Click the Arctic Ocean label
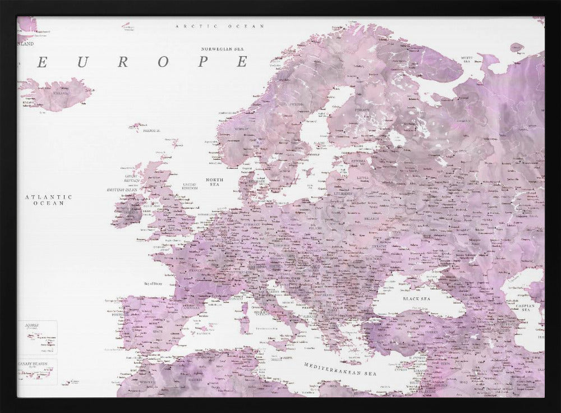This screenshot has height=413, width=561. (211, 26)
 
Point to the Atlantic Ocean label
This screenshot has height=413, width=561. (49, 200)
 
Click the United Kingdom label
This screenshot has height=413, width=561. (190, 186)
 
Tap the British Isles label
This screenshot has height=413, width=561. (122, 190)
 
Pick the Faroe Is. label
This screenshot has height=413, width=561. (152, 131)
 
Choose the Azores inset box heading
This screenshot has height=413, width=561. (29, 325)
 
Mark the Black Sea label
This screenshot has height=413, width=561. (416, 299)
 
